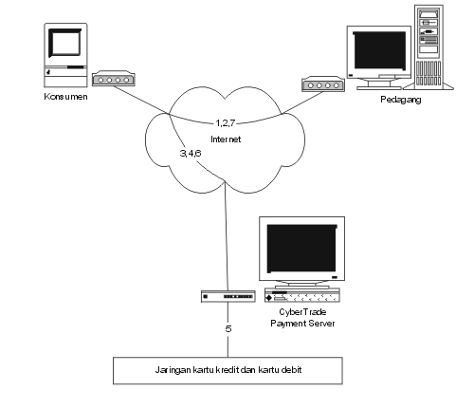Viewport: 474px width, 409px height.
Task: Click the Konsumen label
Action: pos(65,97)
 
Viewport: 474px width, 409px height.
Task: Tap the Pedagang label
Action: pos(401,100)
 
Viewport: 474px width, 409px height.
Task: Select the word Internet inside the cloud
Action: pos(226,139)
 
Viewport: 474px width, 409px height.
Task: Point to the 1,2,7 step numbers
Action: pos(226,122)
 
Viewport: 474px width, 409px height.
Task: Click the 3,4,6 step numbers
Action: pos(191,154)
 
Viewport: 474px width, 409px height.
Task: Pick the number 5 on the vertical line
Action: pos(228,329)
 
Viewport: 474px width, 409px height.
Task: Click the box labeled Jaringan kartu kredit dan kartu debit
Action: pos(228,371)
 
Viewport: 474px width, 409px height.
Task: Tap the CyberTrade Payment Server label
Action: pos(302,318)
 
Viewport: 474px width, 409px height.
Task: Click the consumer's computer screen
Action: pos(65,43)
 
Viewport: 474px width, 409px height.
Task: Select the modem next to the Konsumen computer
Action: pos(114,78)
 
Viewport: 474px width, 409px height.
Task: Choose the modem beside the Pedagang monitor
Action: pos(323,84)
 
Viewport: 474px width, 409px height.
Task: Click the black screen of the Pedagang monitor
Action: pos(379,50)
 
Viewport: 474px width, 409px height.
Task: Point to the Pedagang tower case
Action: pos(428,47)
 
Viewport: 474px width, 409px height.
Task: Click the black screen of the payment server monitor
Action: pos(301,249)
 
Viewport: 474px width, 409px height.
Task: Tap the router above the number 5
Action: pos(228,296)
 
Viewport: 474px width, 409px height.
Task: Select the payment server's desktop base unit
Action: pos(302,295)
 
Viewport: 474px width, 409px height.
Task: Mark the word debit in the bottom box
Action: pos(291,370)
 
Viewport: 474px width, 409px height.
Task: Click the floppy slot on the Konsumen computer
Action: pos(76,67)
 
